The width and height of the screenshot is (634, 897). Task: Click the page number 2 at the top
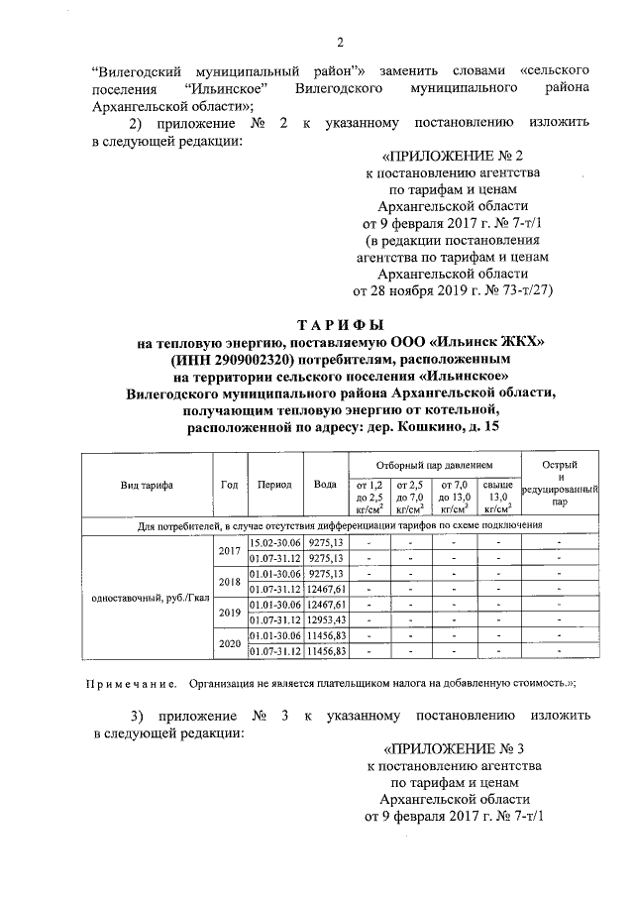click(339, 42)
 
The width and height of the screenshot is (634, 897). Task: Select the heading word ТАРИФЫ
click(340, 324)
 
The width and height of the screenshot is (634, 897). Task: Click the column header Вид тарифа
click(147, 485)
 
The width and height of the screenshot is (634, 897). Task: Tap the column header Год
click(229, 485)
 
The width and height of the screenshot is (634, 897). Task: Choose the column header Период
click(273, 485)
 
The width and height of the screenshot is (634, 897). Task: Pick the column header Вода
click(324, 485)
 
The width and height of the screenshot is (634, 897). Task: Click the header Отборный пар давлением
click(434, 464)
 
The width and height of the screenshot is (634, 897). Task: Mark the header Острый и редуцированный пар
click(561, 484)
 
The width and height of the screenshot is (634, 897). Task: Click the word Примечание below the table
click(130, 683)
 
